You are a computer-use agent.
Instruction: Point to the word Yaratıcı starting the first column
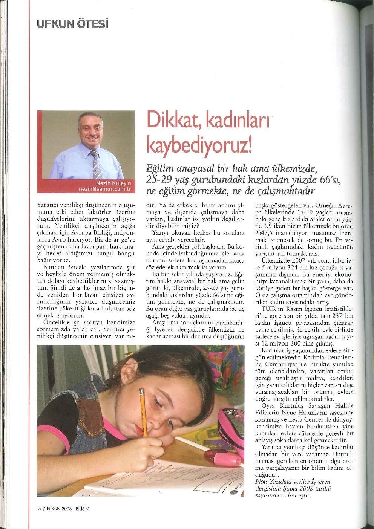(x=49, y=206)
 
